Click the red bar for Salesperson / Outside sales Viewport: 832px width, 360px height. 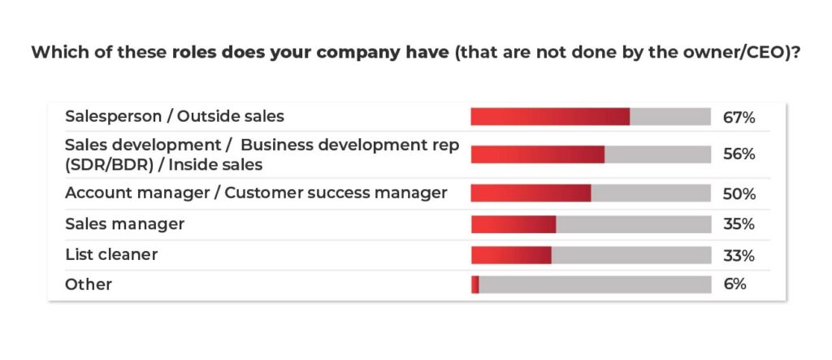(550, 116)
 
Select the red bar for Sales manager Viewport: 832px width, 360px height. (513, 223)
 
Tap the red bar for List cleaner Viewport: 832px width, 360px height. (511, 254)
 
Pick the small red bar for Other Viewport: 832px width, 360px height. (475, 284)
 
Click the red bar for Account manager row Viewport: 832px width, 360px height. (531, 193)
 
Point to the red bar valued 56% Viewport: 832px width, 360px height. (538, 154)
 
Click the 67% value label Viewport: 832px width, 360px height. (739, 118)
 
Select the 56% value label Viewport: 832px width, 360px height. (739, 154)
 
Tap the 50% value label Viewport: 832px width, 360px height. (739, 194)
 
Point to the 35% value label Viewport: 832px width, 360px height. (739, 224)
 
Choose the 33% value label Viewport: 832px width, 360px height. (739, 255)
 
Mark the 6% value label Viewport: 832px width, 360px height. (734, 284)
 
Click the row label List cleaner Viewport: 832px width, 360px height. (111, 254)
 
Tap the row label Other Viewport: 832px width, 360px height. (89, 284)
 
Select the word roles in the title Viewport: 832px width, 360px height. (194, 54)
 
